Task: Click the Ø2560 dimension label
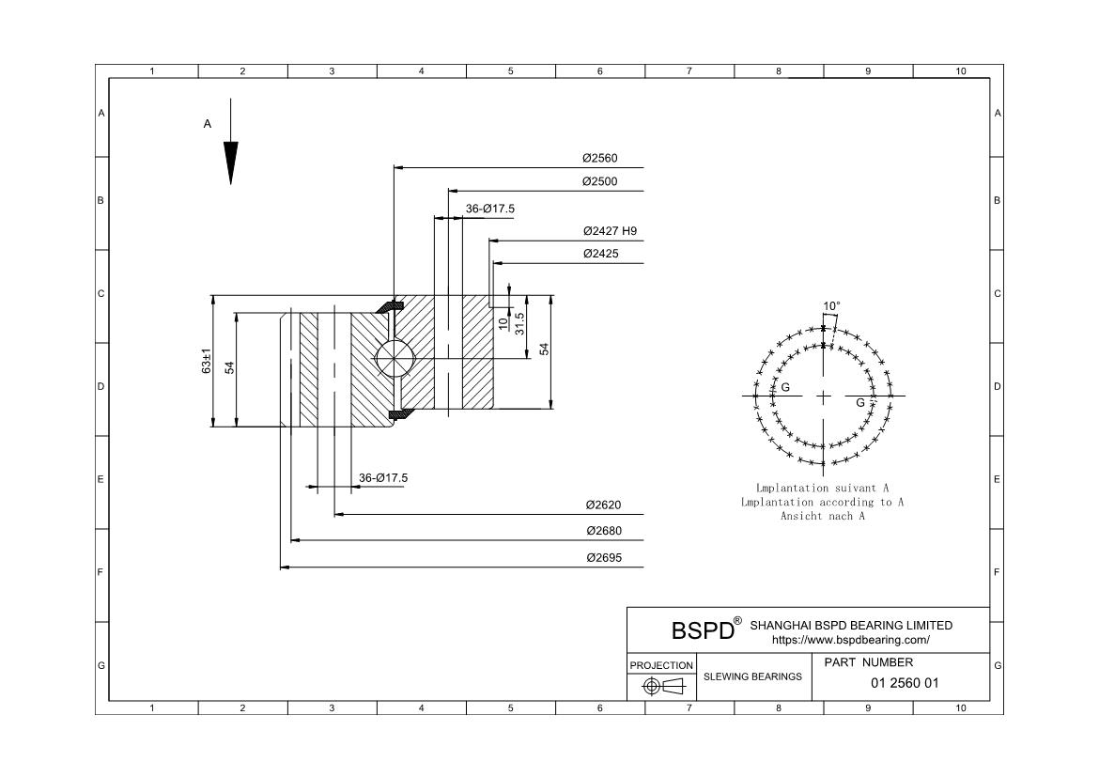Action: pyautogui.click(x=599, y=158)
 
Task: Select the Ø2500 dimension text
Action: pyautogui.click(x=599, y=181)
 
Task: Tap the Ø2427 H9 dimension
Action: pyautogui.click(x=610, y=230)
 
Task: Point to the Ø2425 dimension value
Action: pyautogui.click(x=600, y=254)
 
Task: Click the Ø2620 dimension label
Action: pyautogui.click(x=603, y=505)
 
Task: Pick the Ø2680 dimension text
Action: pyautogui.click(x=603, y=531)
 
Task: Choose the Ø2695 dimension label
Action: pyautogui.click(x=603, y=557)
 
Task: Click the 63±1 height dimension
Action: pyautogui.click(x=207, y=362)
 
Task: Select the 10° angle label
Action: pyautogui.click(x=831, y=306)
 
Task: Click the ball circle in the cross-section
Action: pyautogui.click(x=392, y=358)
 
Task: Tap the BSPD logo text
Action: pyautogui.click(x=702, y=630)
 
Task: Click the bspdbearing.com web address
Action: pyautogui.click(x=850, y=640)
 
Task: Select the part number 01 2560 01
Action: pyautogui.click(x=905, y=683)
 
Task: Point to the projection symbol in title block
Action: pyautogui.click(x=662, y=686)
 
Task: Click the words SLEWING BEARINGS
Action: pyautogui.click(x=752, y=676)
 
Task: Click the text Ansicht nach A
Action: pyautogui.click(x=822, y=516)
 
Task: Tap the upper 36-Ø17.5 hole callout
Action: pyautogui.click(x=490, y=209)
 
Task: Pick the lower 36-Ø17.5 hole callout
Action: pyautogui.click(x=383, y=478)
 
